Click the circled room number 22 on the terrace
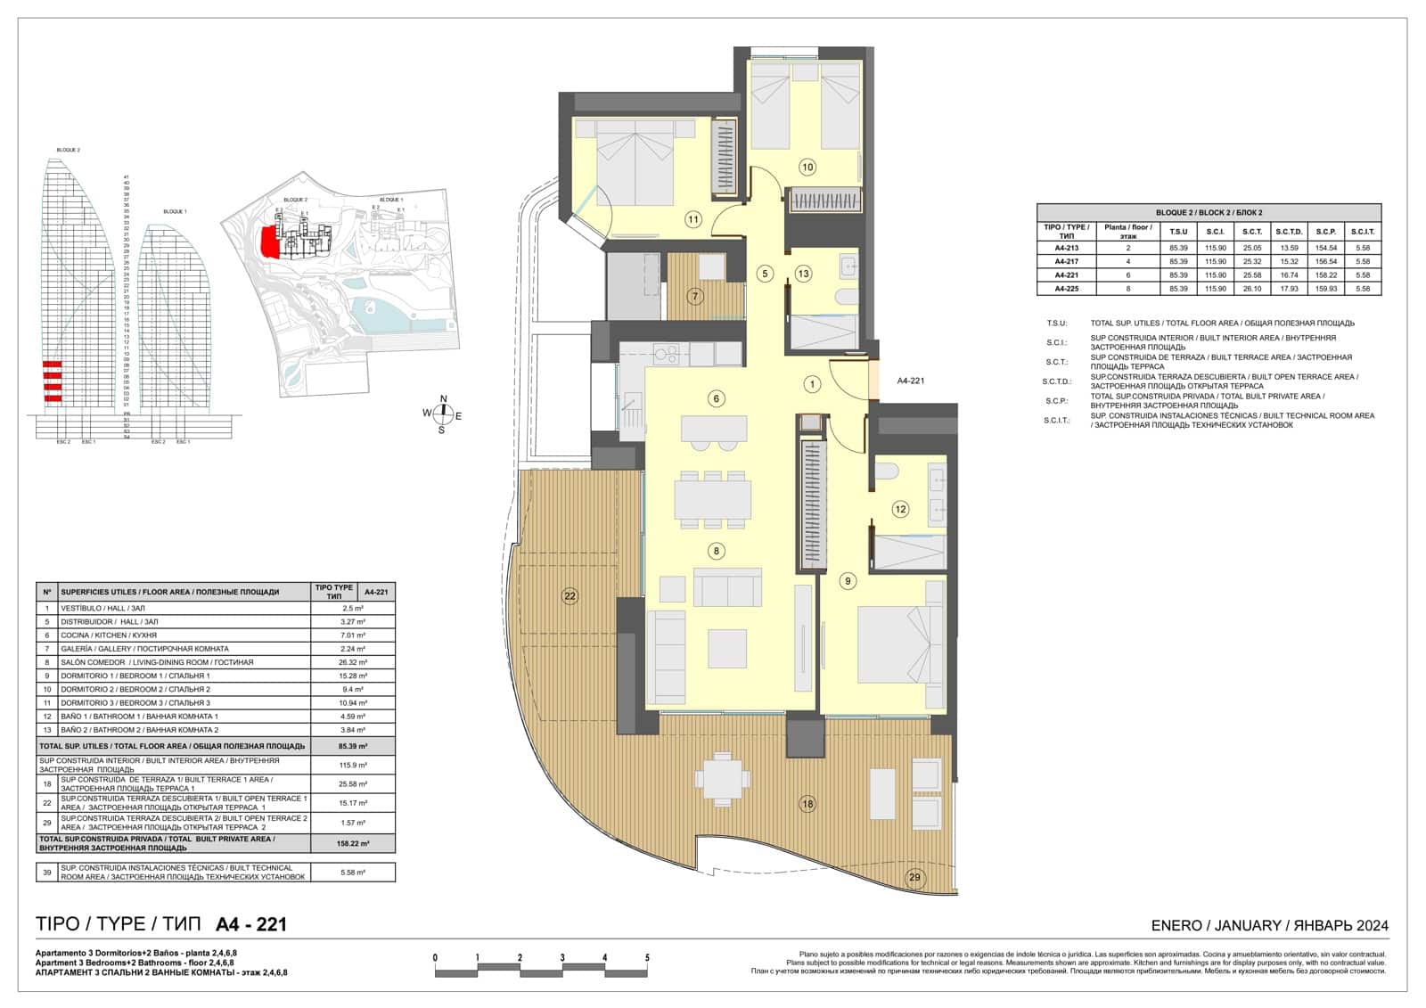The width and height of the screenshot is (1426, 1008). (570, 596)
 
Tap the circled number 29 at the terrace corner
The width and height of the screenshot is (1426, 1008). (915, 877)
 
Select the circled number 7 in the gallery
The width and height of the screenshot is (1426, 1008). (695, 296)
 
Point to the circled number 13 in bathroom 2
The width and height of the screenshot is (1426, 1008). (803, 274)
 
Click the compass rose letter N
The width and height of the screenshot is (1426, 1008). (444, 399)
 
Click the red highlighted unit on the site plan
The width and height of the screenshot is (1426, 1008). (266, 241)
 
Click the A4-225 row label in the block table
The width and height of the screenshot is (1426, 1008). (1066, 289)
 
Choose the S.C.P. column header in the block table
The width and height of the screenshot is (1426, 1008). (1325, 231)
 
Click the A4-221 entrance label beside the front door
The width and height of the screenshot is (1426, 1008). (910, 381)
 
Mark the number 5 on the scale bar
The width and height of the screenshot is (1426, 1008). (647, 958)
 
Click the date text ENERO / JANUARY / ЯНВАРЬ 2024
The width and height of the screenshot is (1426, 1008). (1269, 926)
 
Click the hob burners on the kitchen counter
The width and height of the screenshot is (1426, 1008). (666, 354)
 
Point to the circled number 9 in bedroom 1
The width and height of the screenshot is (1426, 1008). (848, 581)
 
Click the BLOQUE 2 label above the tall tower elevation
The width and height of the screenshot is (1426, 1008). (68, 150)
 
